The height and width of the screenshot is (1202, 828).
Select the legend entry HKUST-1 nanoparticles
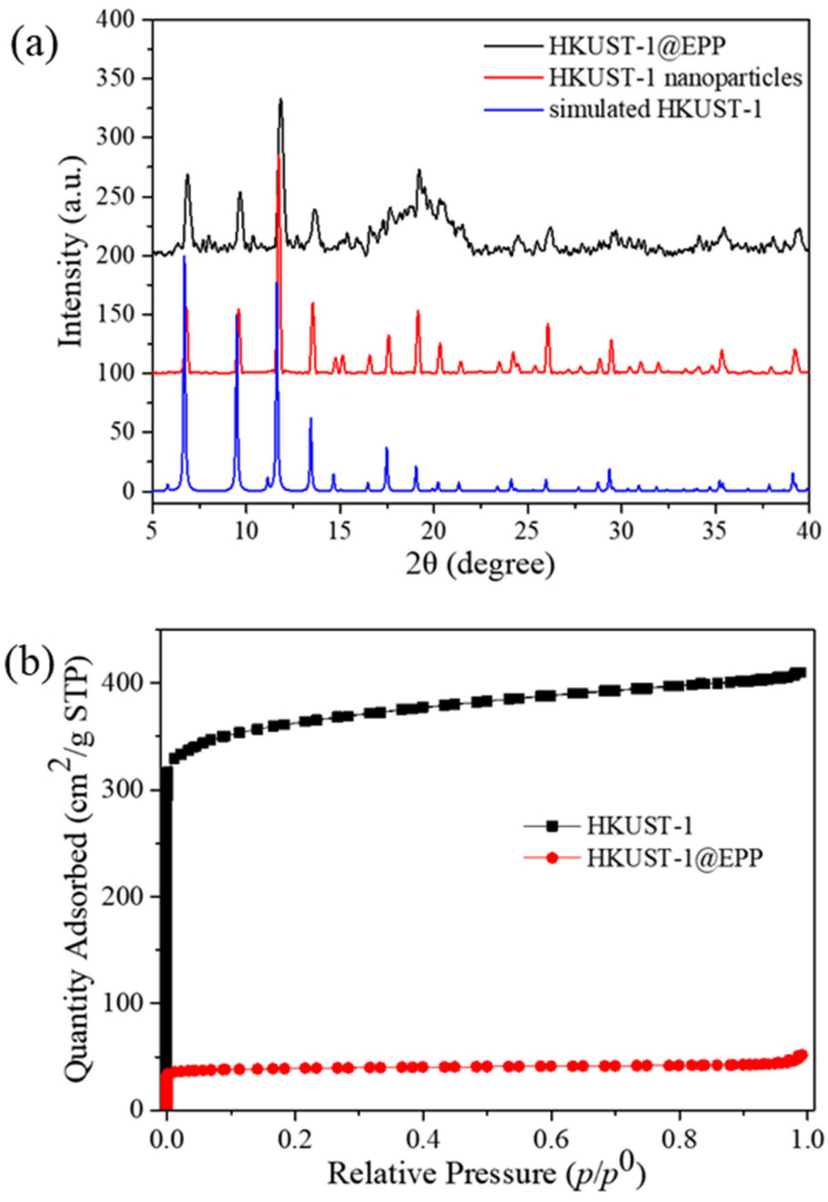pos(675,78)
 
